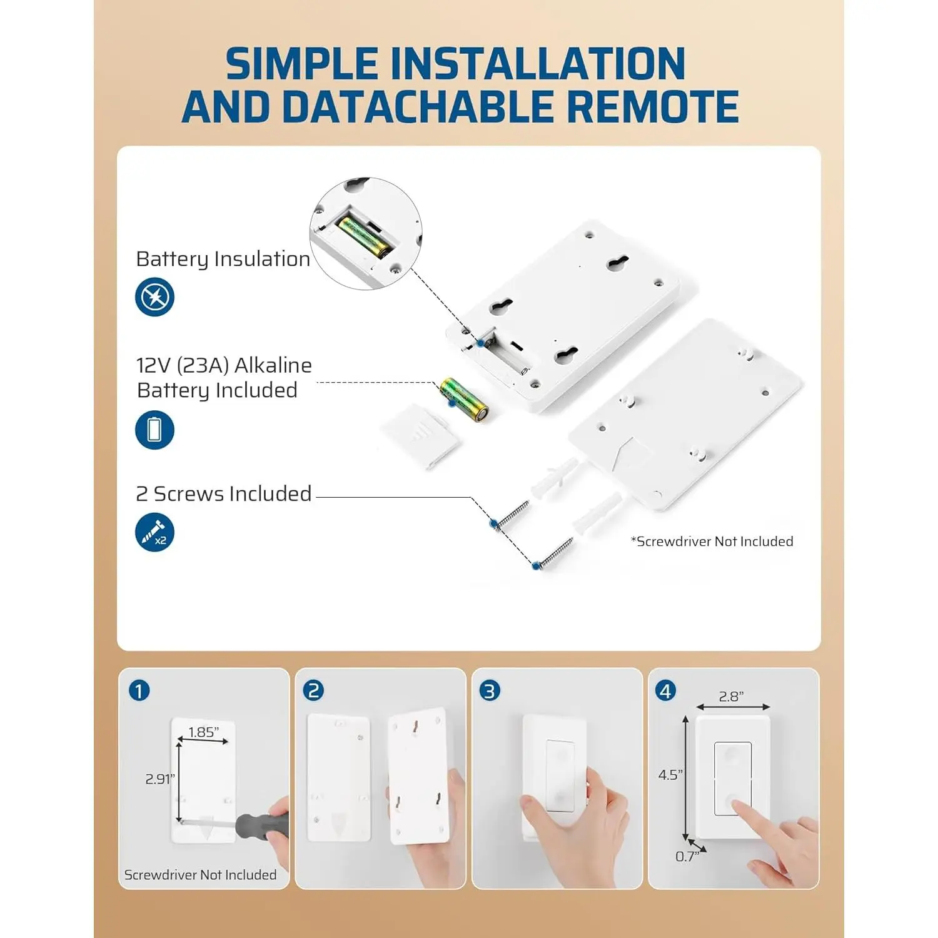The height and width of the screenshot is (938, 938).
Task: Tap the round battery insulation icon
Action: point(154,296)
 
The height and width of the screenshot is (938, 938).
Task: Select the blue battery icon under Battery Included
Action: point(154,430)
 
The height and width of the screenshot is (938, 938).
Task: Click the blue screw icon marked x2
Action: point(154,532)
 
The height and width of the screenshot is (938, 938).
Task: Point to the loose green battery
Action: point(463,400)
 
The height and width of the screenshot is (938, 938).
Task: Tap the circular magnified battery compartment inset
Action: point(366,233)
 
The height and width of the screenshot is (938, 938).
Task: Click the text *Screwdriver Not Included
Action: point(712,542)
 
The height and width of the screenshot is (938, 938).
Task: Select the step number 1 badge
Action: point(139,691)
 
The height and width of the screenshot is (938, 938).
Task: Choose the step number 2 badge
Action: point(313,691)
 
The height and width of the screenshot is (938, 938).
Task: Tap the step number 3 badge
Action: point(490,691)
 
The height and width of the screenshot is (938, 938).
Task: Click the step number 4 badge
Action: point(665,691)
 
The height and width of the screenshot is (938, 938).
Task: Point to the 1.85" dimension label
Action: point(203,732)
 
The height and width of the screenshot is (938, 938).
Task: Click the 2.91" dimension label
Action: point(160,779)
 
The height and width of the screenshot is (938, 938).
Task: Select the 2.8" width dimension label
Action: point(731,697)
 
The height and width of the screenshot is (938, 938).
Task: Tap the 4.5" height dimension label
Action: point(670,775)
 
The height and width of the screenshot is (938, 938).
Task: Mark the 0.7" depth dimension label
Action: point(687,857)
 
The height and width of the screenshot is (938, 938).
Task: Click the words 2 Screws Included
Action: point(224,493)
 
